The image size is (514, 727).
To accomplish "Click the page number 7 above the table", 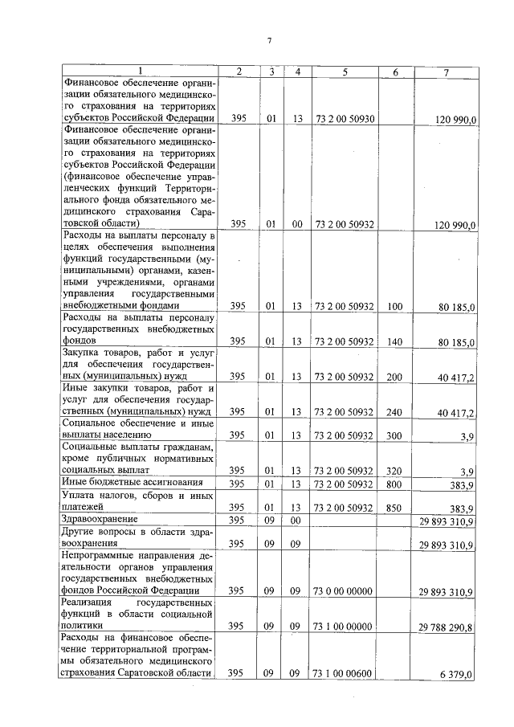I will (270, 41).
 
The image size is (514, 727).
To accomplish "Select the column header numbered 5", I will (345, 72).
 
